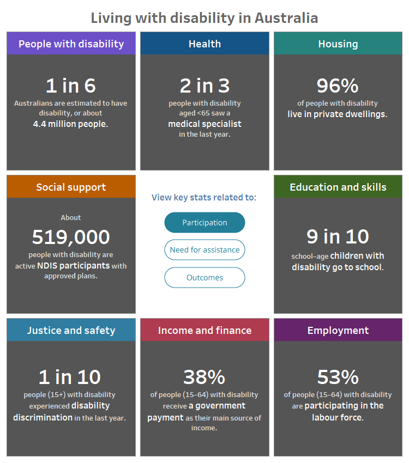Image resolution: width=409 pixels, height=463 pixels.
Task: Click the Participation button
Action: (x=204, y=222)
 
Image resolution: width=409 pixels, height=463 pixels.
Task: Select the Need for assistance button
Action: (x=204, y=250)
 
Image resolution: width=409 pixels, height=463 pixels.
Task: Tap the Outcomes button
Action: (x=204, y=277)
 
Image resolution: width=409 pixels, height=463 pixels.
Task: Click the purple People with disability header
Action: (x=71, y=44)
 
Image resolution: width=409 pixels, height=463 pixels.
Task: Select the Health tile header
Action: (x=204, y=44)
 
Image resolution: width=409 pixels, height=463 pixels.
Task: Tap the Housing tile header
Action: (x=338, y=44)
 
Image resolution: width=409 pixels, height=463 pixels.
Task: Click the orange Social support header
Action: (x=71, y=187)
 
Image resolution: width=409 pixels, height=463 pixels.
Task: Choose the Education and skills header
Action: (x=338, y=187)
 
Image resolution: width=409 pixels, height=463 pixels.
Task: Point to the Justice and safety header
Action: (x=71, y=330)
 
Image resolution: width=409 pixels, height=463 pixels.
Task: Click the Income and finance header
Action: (x=204, y=330)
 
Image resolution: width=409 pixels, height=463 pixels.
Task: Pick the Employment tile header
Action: (x=338, y=330)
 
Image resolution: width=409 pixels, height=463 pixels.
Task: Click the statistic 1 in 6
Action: (x=71, y=86)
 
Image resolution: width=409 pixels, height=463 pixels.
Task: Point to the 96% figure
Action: (x=338, y=86)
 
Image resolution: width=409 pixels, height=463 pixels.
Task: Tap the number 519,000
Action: (x=71, y=237)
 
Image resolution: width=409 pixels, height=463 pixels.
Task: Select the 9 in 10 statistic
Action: (x=338, y=236)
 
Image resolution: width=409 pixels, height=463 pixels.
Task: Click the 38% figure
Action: (x=204, y=377)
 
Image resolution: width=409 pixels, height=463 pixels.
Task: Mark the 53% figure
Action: (x=338, y=377)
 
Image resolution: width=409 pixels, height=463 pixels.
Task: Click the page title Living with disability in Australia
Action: (x=204, y=18)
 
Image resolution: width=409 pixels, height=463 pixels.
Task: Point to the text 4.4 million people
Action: (x=71, y=124)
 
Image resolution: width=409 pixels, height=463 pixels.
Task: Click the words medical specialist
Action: (x=204, y=124)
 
